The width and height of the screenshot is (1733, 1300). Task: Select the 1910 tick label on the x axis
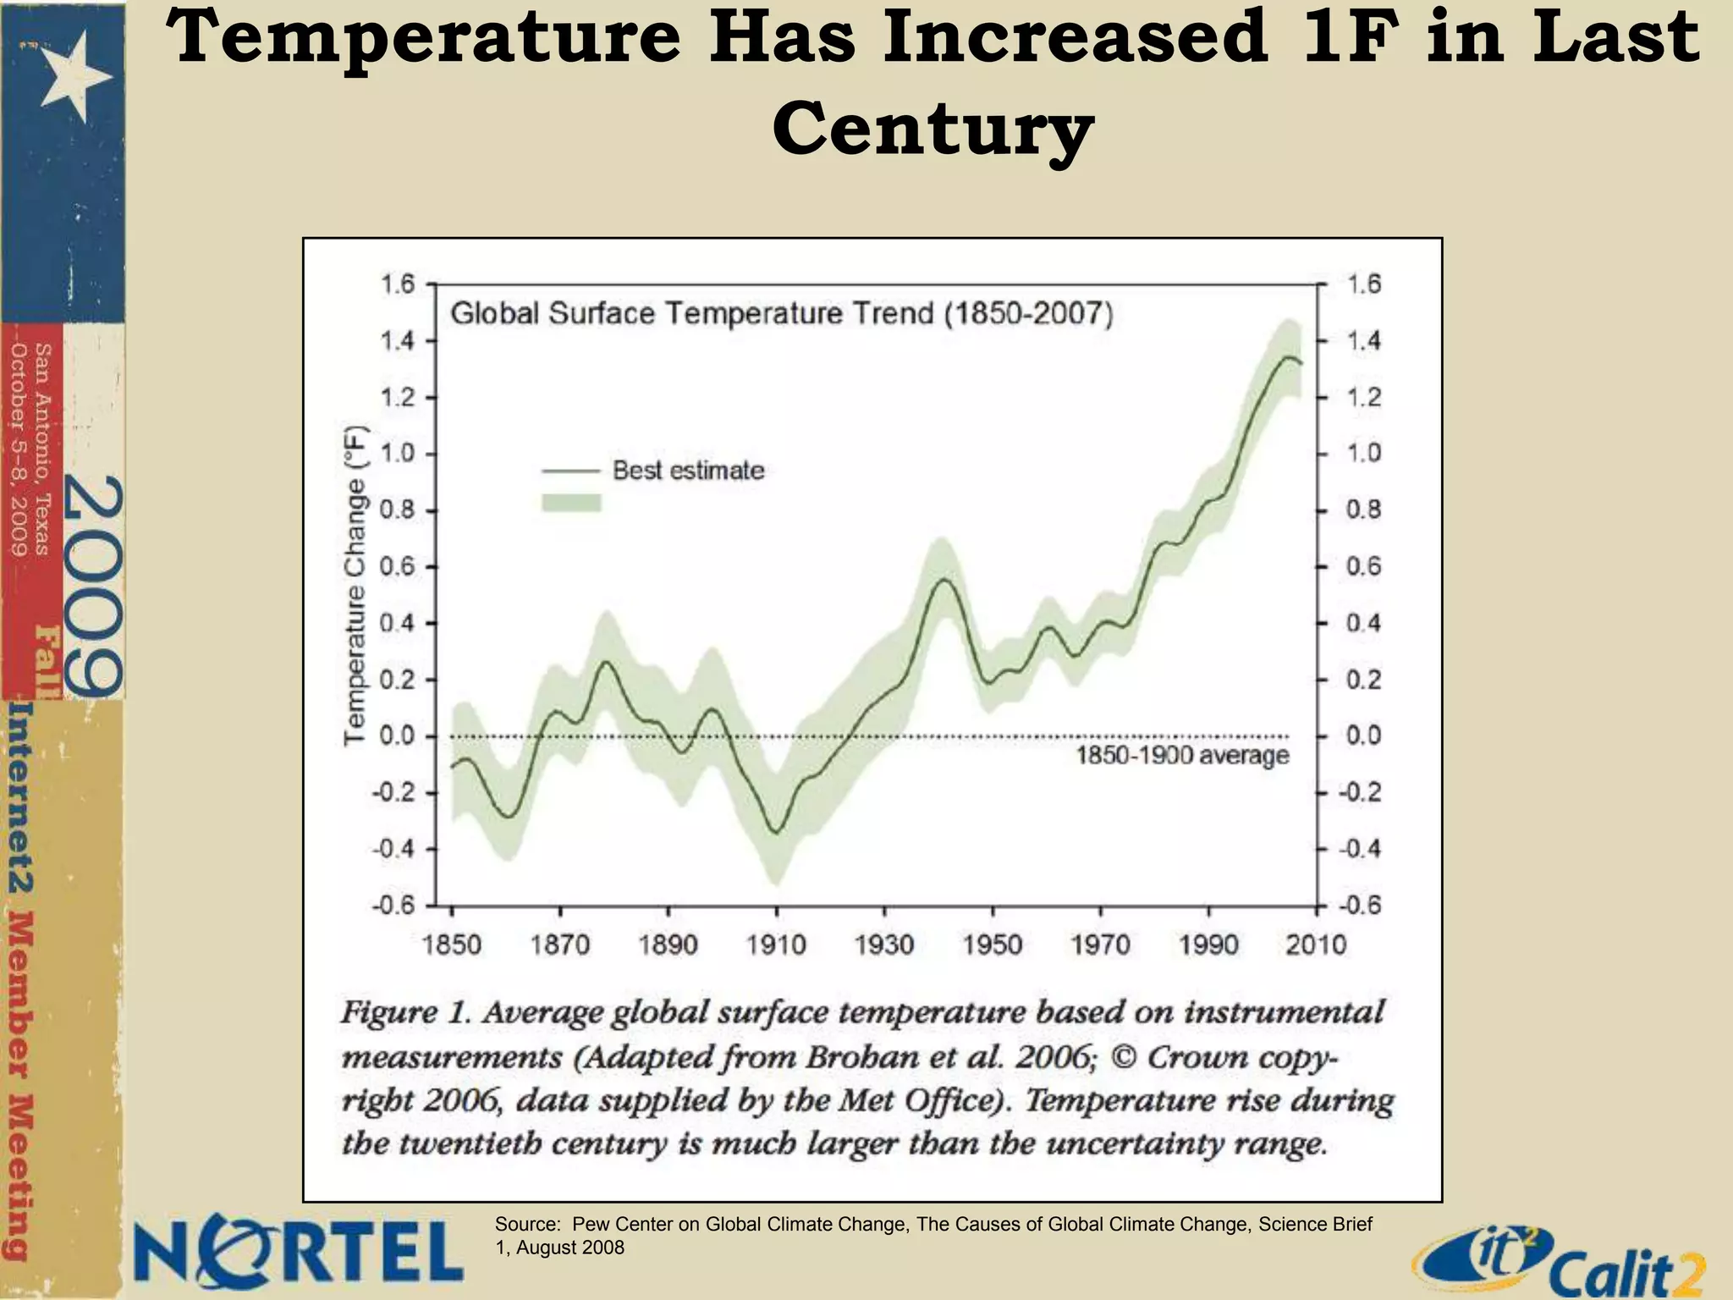(776, 945)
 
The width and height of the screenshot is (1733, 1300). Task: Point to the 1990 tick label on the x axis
(1208, 945)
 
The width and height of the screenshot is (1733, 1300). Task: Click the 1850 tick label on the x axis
(451, 945)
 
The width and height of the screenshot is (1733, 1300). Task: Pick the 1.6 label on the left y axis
(396, 284)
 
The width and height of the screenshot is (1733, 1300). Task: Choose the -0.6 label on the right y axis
(1359, 906)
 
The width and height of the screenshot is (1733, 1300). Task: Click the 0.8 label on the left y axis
(396, 510)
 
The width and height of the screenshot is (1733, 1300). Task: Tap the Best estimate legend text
(688, 470)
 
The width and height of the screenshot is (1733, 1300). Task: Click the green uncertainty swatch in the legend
(571, 504)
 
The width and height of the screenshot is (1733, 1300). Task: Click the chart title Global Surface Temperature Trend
(780, 314)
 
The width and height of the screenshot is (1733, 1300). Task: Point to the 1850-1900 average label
(1182, 755)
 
